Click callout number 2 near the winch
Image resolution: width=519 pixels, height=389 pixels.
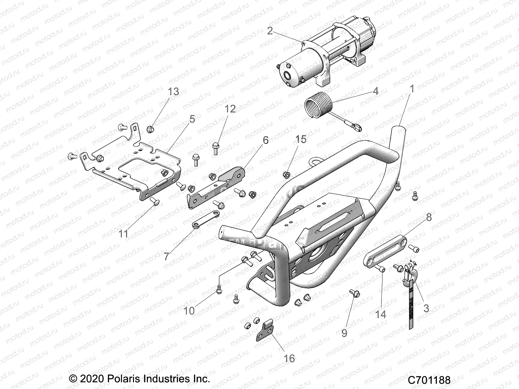pos(270,31)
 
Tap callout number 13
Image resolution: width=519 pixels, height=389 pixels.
pos(173,92)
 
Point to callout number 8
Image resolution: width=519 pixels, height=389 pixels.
pos(429,217)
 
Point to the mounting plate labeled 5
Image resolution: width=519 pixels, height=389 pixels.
pos(136,169)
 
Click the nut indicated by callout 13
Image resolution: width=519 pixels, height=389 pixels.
pos(150,129)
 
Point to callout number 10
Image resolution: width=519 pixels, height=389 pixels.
pos(189,311)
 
